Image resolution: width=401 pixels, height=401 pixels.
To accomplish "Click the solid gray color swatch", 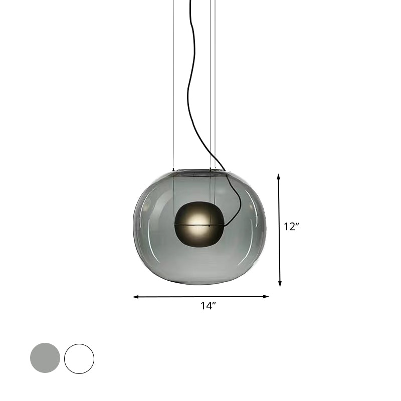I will click(45, 358).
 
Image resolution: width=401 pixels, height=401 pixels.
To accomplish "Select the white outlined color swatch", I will click(79, 358).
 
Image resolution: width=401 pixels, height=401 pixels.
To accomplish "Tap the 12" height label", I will click(291, 227).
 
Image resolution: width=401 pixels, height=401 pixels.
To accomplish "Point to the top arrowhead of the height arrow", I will click(279, 177).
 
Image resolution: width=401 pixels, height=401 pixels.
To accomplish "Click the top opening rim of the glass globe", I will click(200, 171).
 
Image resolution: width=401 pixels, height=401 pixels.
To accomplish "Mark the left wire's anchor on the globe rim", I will click(173, 169).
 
